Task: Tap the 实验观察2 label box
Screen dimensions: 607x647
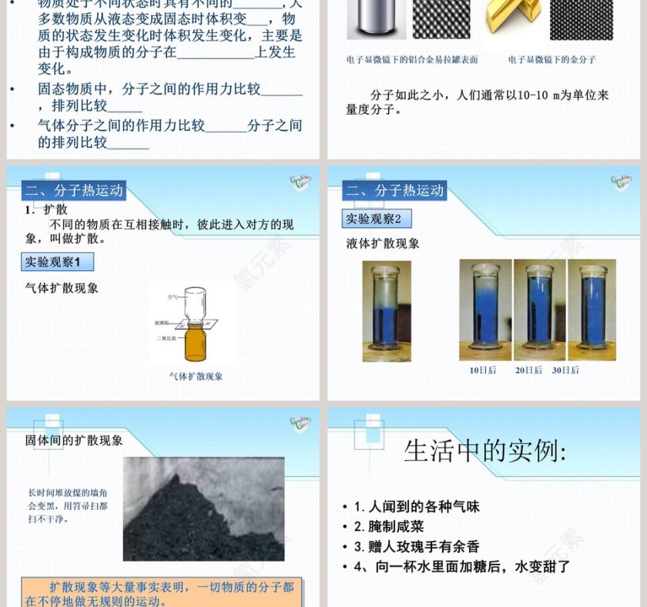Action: click(374, 219)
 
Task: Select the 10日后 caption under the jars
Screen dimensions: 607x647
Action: click(483, 371)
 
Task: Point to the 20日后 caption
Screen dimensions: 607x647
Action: click(528, 371)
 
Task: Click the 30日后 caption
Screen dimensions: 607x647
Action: click(565, 371)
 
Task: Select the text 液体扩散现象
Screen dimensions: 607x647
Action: click(383, 243)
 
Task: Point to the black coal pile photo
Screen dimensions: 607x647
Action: click(203, 508)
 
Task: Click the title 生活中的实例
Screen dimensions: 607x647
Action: click(485, 451)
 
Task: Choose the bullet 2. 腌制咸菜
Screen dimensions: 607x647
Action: click(388, 527)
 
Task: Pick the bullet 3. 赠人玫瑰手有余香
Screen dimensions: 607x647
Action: click(416, 547)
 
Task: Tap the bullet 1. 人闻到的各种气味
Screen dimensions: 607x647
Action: click(416, 507)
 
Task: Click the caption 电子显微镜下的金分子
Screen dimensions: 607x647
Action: click(551, 59)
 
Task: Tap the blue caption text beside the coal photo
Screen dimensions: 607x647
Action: click(68, 505)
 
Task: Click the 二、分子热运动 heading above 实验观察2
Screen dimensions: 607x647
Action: click(395, 191)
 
